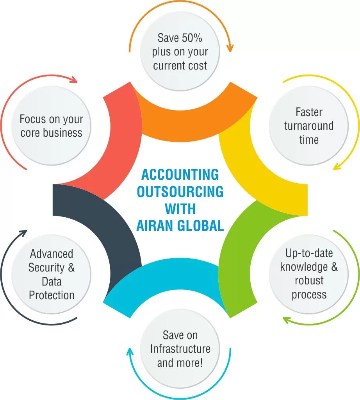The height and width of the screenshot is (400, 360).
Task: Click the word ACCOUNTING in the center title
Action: [180, 174]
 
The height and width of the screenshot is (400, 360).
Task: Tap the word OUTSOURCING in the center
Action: [180, 191]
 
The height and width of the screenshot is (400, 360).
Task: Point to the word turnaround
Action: [308, 126]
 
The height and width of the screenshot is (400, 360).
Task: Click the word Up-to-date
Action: [309, 253]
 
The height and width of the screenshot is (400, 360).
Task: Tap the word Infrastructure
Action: [180, 348]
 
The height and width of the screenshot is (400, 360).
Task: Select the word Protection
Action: [52, 295]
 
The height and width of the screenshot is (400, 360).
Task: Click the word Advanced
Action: [52, 254]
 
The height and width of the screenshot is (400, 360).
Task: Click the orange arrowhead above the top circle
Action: [230, 48]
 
